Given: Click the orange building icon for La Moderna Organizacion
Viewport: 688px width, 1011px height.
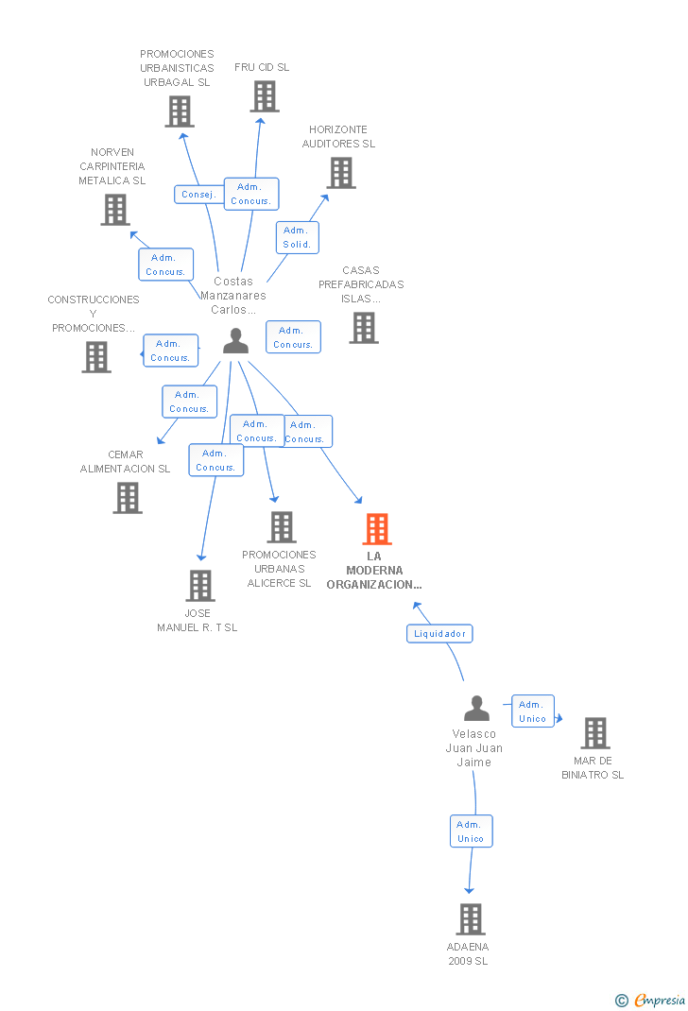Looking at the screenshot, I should pyautogui.click(x=377, y=529).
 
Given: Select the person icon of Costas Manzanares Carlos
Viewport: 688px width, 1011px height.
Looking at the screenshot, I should pyautogui.click(x=235, y=341).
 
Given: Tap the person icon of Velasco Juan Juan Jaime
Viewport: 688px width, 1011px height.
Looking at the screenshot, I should pyautogui.click(x=477, y=709).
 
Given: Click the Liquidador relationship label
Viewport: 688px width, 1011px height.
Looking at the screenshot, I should pyautogui.click(x=439, y=633).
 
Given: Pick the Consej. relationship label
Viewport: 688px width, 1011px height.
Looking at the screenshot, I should pyautogui.click(x=198, y=194).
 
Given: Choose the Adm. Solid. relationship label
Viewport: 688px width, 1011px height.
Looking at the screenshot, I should pyautogui.click(x=297, y=238).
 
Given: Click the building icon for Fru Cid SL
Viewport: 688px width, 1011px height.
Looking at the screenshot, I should pyautogui.click(x=265, y=96).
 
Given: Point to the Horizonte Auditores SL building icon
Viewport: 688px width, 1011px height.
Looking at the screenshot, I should pyautogui.click(x=341, y=173).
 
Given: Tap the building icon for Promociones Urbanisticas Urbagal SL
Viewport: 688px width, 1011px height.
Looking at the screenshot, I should pyautogui.click(x=179, y=111).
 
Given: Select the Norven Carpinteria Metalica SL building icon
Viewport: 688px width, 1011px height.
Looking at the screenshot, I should pyautogui.click(x=115, y=210).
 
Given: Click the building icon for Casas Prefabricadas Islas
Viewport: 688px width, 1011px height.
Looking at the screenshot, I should pyautogui.click(x=364, y=328).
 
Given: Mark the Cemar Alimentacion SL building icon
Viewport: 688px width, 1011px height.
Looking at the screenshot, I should pyautogui.click(x=128, y=498).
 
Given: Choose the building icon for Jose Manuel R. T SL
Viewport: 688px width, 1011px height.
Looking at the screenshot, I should pyautogui.click(x=200, y=586).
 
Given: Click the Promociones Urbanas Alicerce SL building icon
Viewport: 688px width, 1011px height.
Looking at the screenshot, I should pyautogui.click(x=282, y=527).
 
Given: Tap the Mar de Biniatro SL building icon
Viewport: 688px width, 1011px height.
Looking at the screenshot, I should pyautogui.click(x=594, y=733).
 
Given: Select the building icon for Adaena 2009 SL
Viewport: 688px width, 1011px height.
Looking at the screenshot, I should pyautogui.click(x=471, y=919).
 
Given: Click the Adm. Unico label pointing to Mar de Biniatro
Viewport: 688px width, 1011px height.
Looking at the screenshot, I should pyautogui.click(x=533, y=711).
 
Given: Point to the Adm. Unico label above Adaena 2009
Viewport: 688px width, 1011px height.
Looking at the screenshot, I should pyautogui.click(x=471, y=831).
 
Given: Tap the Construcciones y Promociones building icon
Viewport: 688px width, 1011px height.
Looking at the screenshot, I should pyautogui.click(x=96, y=357).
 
